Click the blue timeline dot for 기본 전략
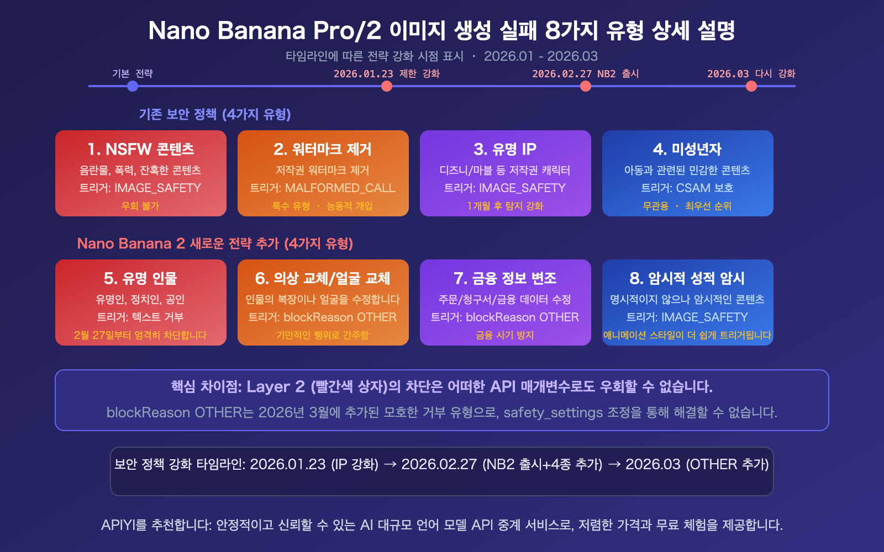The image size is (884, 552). pos(133,86)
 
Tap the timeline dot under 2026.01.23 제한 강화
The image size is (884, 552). pos(387,86)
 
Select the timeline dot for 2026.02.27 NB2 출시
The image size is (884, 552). pos(586,86)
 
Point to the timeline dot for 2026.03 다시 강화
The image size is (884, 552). pos(751,86)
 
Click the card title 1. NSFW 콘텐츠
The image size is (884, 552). pos(141,149)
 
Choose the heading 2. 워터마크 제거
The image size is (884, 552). pos(323,149)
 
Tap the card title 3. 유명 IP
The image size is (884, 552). pos(505,149)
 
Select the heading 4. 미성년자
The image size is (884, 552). pos(687,149)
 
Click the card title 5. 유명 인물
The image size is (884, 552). pos(141,278)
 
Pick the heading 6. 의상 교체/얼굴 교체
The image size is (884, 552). pos(323,278)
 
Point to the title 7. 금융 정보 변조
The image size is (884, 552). pos(505,278)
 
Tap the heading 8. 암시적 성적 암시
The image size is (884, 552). pos(687,278)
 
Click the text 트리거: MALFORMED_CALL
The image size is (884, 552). pos(323,188)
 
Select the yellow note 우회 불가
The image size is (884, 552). pos(140,206)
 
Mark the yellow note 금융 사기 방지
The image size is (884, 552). pos(505,335)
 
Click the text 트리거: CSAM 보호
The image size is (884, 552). pos(687,188)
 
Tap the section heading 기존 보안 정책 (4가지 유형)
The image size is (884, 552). pos(215,114)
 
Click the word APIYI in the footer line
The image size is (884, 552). pos(117,525)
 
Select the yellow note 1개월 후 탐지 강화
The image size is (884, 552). pos(505,206)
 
